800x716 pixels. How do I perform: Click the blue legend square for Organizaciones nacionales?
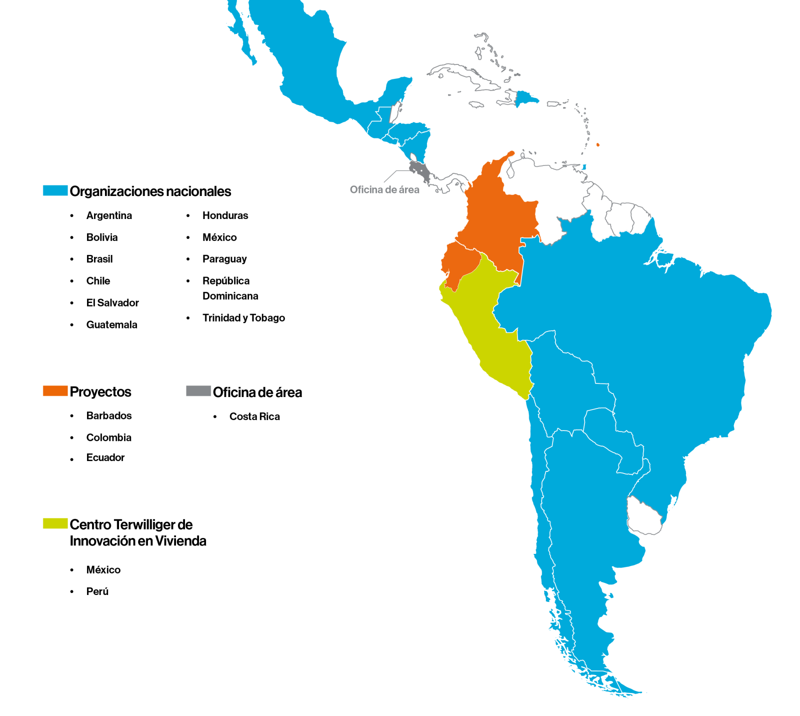click(55, 190)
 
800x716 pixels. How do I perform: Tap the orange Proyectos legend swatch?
click(55, 391)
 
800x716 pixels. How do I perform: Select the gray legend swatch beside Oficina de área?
click(198, 391)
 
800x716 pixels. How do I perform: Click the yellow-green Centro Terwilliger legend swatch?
click(55, 523)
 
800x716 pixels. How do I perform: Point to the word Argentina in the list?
click(109, 215)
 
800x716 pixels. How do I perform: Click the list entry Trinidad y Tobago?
click(243, 318)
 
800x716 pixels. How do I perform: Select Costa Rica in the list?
click(254, 416)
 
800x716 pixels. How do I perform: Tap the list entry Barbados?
click(109, 415)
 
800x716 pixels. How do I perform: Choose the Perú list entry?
click(97, 591)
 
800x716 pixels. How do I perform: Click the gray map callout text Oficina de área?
click(384, 189)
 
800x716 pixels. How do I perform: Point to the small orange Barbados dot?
click(598, 145)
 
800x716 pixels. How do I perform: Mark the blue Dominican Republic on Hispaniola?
click(526, 98)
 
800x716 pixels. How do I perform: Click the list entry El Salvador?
click(112, 303)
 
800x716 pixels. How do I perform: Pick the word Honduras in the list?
click(225, 215)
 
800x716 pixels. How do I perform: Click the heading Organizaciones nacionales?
click(150, 191)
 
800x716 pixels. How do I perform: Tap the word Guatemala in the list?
click(111, 325)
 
